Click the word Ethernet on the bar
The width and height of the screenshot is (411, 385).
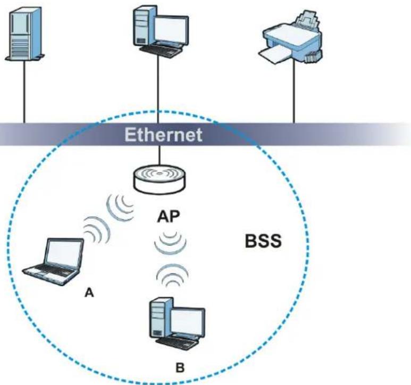pyautogui.click(x=163, y=134)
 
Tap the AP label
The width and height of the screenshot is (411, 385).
pyautogui.click(x=169, y=217)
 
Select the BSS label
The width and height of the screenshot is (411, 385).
pyautogui.click(x=263, y=241)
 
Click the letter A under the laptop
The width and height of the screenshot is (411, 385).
pyautogui.click(x=89, y=292)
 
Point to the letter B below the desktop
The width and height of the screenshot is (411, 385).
pyautogui.click(x=180, y=367)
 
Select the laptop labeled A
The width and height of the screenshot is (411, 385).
pyautogui.click(x=53, y=261)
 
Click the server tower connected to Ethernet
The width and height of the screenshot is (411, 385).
pyautogui.click(x=24, y=34)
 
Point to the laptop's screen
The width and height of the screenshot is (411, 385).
pyautogui.click(x=64, y=252)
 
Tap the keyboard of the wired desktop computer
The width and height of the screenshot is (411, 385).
pyautogui.click(x=161, y=50)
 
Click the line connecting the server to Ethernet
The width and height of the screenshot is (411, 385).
pyautogui.click(x=24, y=92)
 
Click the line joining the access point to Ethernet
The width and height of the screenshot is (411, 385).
pyautogui.click(x=158, y=155)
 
